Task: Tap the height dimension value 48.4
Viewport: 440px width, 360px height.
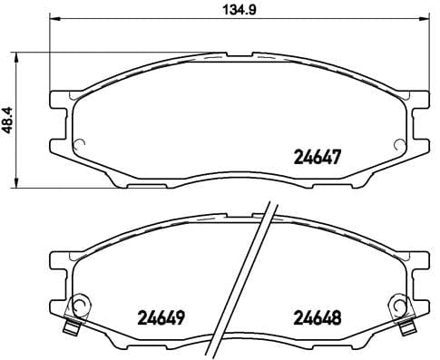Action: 9,120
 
